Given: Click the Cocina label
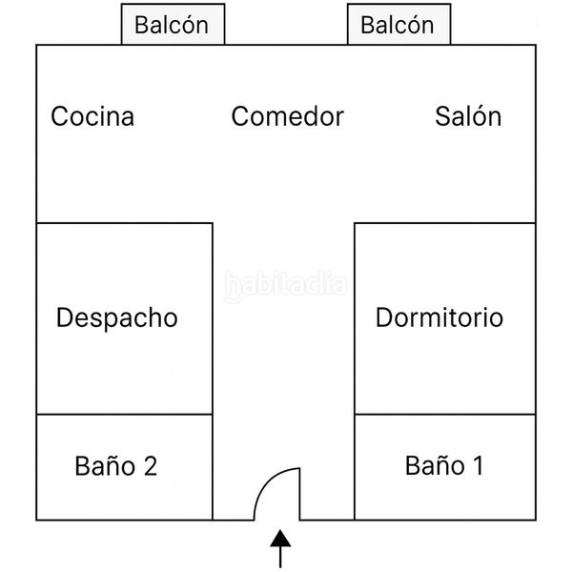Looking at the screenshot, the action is tap(92, 116).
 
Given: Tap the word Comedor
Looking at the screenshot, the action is tap(288, 116).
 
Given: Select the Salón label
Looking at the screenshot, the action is tap(468, 115).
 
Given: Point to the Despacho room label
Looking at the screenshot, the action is tap(117, 318).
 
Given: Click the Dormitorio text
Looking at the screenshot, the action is tap(439, 317).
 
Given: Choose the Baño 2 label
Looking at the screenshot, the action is tap(116, 465).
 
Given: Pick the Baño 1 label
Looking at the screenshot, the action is tap(444, 465).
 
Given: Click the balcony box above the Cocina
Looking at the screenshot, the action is tap(173, 24).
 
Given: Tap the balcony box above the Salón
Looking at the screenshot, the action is tap(399, 24).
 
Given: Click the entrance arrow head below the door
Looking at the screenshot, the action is tap(280, 539).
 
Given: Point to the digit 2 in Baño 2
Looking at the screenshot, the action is tap(151, 466).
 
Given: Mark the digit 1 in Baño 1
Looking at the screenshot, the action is tap(478, 465).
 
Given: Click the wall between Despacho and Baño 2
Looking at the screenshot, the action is tap(124, 415).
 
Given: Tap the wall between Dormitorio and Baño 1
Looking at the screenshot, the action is tap(445, 415).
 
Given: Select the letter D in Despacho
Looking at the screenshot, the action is tap(65, 317).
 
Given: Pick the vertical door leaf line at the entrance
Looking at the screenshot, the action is tap(300, 494).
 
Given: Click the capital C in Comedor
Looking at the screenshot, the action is tap(241, 116).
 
